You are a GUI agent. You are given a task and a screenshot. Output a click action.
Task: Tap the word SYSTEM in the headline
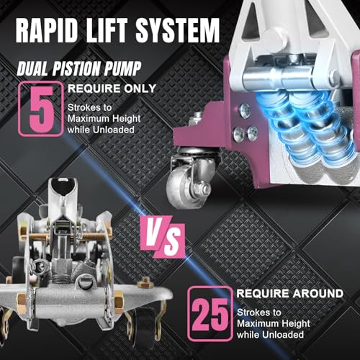point(178,30)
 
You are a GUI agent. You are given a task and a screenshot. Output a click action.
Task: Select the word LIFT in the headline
point(107,30)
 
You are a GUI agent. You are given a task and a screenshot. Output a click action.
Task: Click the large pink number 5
point(41,109)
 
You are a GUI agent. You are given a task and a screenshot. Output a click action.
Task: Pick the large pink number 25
point(210,315)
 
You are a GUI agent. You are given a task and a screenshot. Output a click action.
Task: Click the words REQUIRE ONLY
point(112,89)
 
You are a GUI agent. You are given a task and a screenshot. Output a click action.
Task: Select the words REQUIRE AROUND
point(290,294)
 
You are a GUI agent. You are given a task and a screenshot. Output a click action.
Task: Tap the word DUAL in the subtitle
point(34,68)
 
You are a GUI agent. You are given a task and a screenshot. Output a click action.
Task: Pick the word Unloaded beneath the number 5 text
point(114,130)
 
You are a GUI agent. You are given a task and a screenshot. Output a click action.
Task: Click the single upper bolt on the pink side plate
point(245,111)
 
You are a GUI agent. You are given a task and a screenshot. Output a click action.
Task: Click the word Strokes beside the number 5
point(81,107)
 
